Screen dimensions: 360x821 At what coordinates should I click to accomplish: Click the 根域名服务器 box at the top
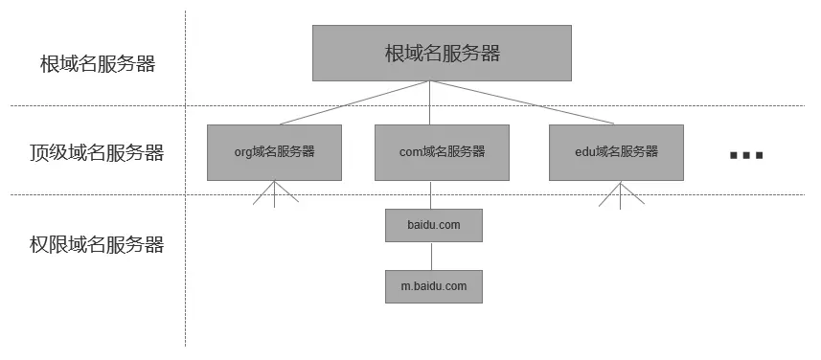tap(442, 53)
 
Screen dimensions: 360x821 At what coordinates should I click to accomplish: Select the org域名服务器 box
tap(274, 152)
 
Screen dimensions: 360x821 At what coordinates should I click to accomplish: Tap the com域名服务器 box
tap(442, 152)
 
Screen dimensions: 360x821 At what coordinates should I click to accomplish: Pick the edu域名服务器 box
tap(616, 152)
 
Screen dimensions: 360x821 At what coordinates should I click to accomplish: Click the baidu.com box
tap(433, 226)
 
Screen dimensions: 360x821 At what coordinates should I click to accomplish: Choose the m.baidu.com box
tap(433, 286)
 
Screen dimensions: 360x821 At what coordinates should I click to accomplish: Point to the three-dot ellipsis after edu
tap(745, 154)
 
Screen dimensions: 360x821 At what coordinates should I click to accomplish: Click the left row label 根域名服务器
tap(98, 65)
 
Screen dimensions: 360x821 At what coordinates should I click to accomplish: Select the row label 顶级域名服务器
tap(97, 152)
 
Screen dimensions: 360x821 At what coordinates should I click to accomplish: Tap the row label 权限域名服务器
tap(97, 245)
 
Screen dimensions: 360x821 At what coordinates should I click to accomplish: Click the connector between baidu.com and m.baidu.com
tap(433, 257)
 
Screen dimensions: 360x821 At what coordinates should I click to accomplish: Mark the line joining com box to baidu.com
tap(433, 195)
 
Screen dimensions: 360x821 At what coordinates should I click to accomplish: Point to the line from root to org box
tap(354, 102)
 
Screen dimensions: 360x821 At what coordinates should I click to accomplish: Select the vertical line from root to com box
tap(432, 102)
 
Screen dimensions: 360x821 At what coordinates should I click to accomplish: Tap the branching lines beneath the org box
tap(274, 194)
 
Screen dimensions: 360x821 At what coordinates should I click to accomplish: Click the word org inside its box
tap(242, 152)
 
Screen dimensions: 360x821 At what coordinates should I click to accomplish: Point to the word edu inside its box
tap(584, 152)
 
